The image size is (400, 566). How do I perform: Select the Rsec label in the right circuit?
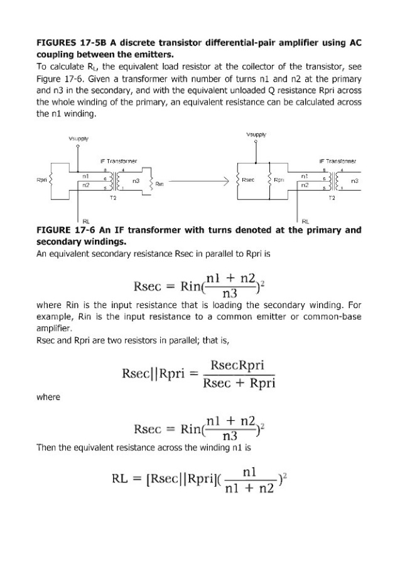(x=247, y=179)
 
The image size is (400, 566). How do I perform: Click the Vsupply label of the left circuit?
(x=78, y=138)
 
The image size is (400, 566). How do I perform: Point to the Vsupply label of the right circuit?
(x=256, y=134)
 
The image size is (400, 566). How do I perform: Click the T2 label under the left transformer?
(x=114, y=197)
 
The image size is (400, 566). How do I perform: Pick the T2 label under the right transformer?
(x=333, y=197)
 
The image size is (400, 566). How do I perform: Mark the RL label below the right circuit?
(x=306, y=221)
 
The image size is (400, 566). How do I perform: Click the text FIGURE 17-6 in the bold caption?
(x=67, y=230)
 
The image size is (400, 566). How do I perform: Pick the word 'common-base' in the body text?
(x=338, y=317)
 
